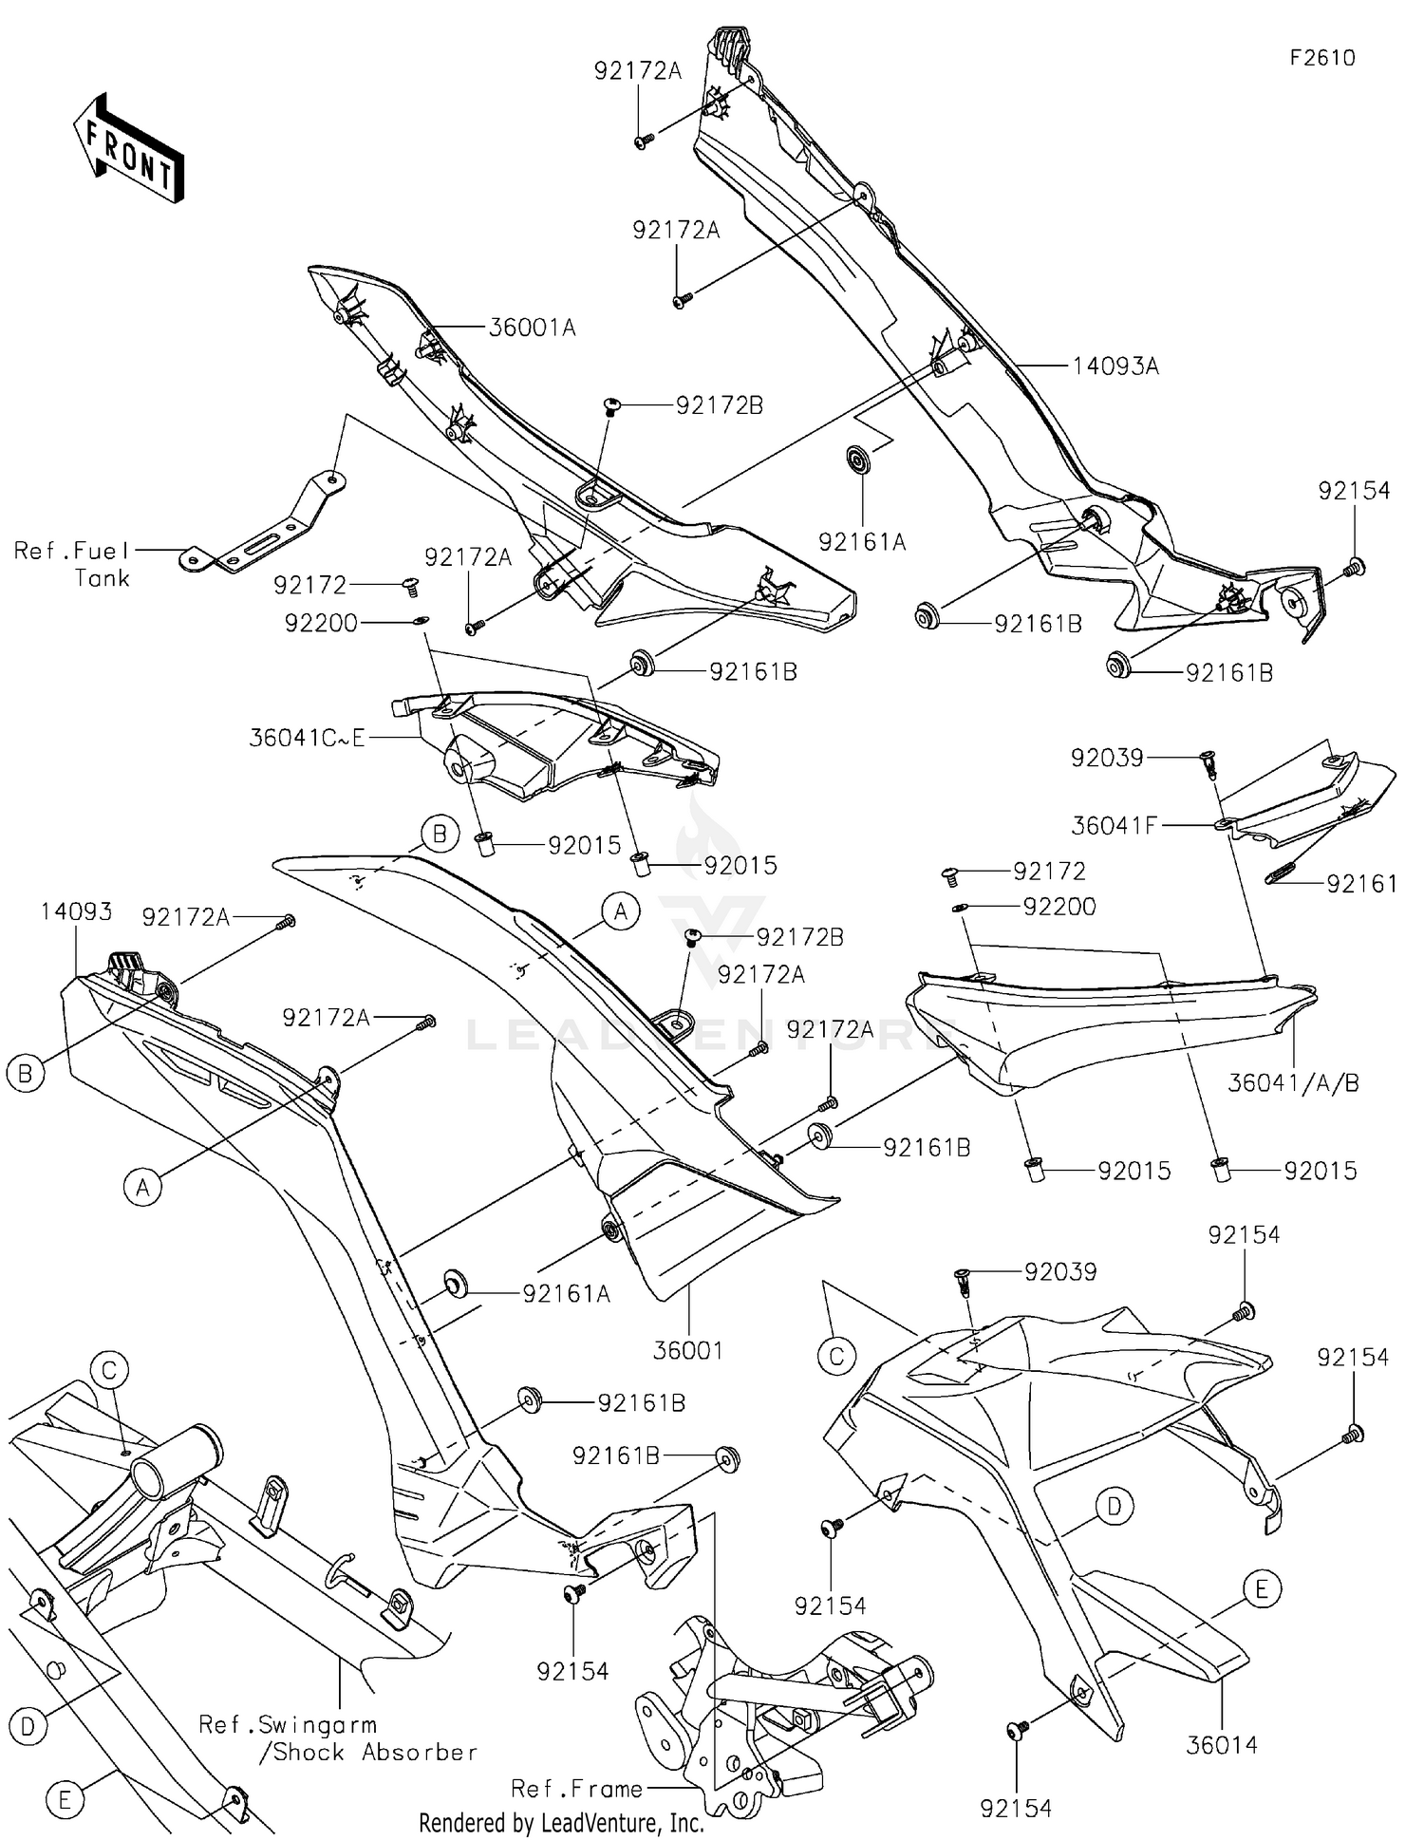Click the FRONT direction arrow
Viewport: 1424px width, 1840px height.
click(129, 148)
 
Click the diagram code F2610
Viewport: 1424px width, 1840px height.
click(1322, 58)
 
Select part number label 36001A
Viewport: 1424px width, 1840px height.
click(532, 328)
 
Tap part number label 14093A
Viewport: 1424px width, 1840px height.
click(1115, 366)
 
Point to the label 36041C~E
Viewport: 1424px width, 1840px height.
click(307, 738)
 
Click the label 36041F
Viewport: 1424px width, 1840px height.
click(1113, 826)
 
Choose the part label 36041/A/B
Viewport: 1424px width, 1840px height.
click(1293, 1082)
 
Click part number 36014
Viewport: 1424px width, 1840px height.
click(1222, 1744)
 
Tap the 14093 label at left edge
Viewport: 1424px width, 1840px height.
click(76, 911)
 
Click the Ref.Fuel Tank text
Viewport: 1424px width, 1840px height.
click(74, 564)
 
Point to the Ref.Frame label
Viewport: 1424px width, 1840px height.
click(576, 1789)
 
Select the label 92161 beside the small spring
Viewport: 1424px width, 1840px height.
click(1361, 884)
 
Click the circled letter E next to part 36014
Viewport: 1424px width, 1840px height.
click(1261, 1587)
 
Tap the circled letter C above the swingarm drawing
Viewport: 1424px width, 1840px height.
click(109, 1370)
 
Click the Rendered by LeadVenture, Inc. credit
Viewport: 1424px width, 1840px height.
click(561, 1823)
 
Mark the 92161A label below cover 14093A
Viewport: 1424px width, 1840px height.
click(862, 541)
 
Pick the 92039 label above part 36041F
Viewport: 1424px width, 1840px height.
click(1107, 758)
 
